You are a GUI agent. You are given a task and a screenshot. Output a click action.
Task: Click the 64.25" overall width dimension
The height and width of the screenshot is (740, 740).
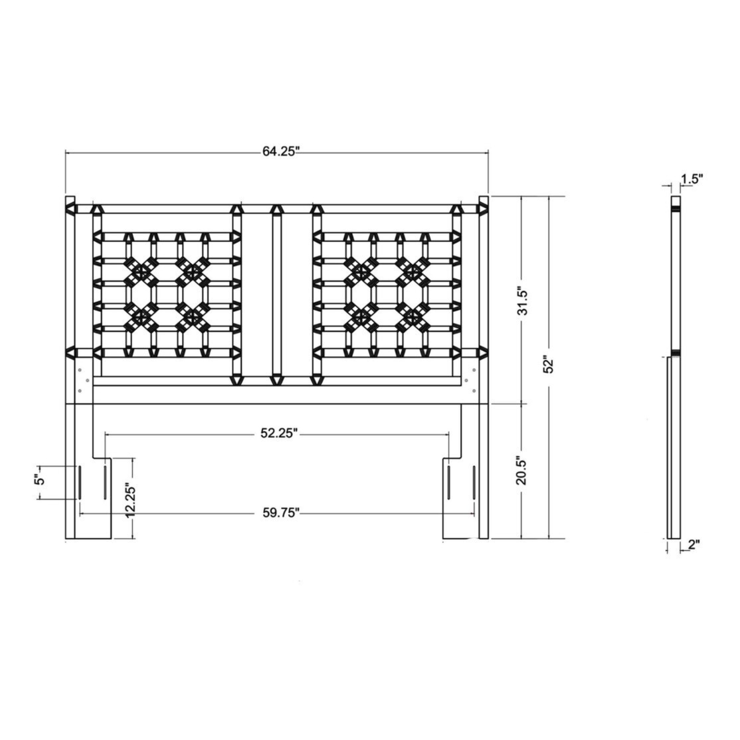281,152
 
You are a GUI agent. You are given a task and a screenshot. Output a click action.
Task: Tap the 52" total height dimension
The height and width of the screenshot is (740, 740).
549,366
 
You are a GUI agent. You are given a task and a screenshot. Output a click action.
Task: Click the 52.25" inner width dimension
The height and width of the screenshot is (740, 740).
279,433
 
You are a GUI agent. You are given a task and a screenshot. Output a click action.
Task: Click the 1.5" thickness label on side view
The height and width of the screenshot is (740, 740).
692,179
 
